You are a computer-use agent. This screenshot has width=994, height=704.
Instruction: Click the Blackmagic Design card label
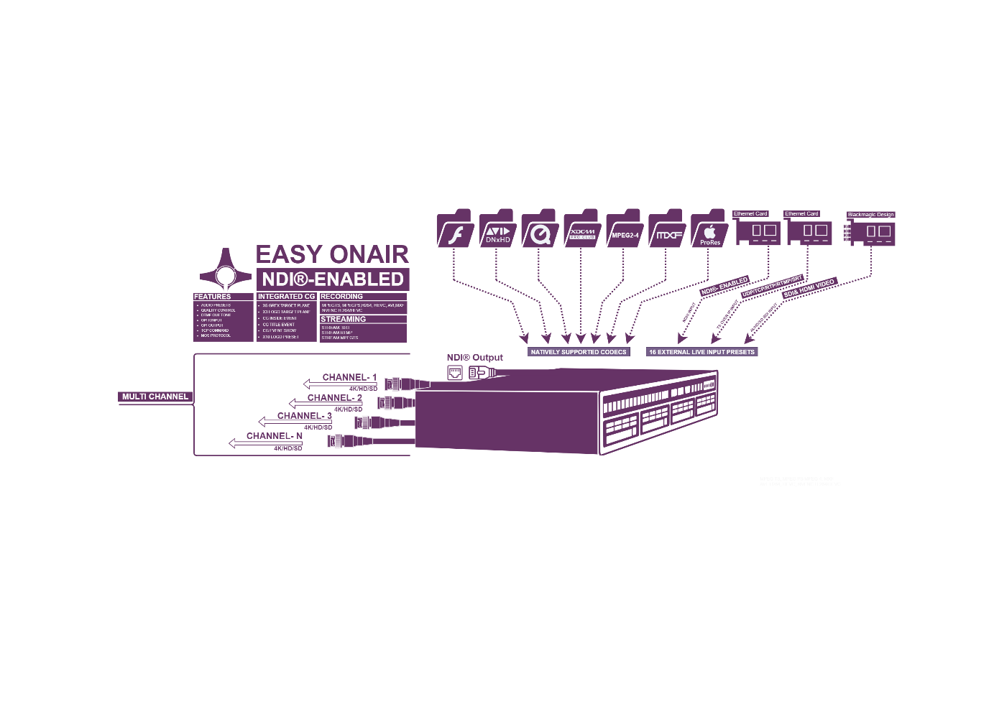click(870, 215)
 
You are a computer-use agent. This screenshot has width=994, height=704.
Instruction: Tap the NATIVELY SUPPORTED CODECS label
click(579, 352)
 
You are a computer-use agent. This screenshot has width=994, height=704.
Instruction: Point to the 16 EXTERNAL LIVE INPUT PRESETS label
click(701, 352)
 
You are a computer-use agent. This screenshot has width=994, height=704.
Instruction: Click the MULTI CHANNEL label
click(155, 397)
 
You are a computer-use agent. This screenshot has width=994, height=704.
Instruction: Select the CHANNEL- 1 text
click(349, 377)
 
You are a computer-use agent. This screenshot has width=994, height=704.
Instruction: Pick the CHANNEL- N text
click(274, 436)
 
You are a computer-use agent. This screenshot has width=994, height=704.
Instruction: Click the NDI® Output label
click(474, 358)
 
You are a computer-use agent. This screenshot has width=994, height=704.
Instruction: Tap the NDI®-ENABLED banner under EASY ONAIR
click(333, 279)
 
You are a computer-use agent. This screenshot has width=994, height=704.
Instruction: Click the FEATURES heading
click(213, 297)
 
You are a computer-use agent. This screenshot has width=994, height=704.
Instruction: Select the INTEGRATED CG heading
click(286, 297)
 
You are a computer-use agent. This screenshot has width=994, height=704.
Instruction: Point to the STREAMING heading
click(343, 320)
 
